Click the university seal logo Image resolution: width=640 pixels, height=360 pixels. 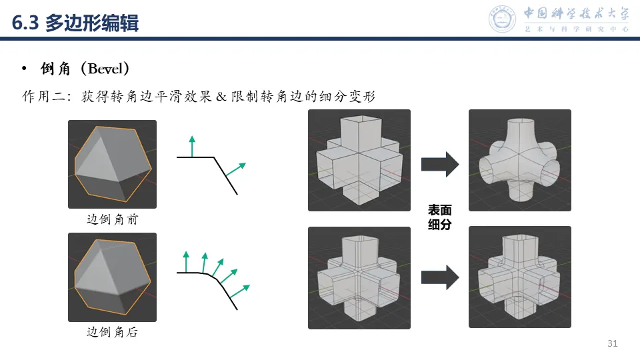(x=503, y=19)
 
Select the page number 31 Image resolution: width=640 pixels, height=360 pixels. (x=613, y=344)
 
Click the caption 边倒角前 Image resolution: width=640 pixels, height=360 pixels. (x=112, y=219)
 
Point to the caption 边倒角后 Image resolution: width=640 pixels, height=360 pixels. (x=112, y=331)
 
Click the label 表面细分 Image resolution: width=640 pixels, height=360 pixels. (x=440, y=217)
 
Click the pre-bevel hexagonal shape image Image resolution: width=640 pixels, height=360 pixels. (x=112, y=164)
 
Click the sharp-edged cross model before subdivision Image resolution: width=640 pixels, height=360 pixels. (x=359, y=160)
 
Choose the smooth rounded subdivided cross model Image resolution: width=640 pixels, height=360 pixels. (x=520, y=160)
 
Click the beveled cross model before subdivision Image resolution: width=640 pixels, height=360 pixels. (x=359, y=277)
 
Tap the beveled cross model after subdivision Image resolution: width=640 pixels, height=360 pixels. (x=520, y=277)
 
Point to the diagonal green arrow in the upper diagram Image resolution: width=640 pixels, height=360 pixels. (x=236, y=169)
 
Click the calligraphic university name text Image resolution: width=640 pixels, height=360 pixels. (x=576, y=14)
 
